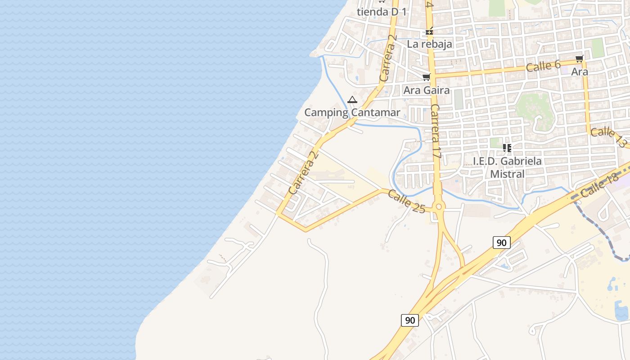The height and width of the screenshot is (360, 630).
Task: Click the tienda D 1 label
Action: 382,12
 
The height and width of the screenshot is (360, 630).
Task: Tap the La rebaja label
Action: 429,44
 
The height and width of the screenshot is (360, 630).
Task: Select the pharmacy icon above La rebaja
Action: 430,31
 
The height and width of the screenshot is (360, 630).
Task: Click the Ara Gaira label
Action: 426,90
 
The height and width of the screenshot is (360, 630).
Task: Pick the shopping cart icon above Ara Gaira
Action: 426,77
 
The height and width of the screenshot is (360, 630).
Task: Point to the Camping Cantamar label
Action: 352,112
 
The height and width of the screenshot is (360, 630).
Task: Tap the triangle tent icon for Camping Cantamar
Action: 352,99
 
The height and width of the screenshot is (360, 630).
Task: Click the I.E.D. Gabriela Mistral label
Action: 507,167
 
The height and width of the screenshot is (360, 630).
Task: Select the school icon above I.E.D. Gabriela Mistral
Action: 507,148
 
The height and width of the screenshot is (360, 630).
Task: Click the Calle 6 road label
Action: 543,66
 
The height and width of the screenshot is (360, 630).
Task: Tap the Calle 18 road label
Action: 600,185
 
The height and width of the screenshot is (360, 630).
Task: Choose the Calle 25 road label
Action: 406,201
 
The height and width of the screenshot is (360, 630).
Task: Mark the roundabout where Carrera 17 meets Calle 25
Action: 439,207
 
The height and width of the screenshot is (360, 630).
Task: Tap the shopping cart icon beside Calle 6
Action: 579,58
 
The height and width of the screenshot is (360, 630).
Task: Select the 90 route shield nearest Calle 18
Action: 501,243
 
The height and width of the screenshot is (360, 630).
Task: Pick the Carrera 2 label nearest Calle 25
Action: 303,173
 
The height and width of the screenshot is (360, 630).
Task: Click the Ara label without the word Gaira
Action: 579,72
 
